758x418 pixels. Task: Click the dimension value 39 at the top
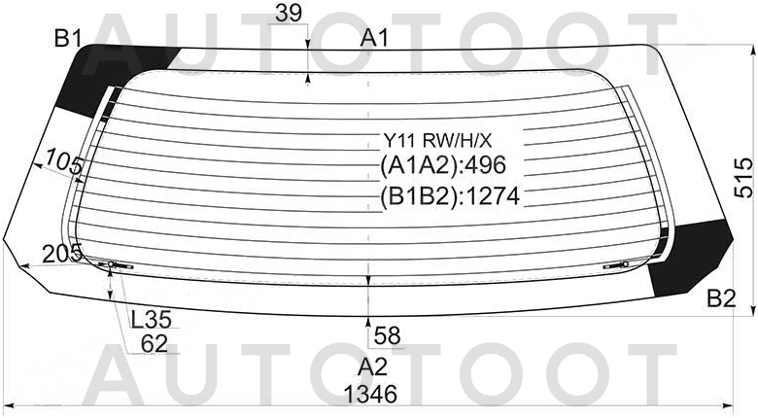tap(289, 14)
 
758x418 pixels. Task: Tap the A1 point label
tap(374, 38)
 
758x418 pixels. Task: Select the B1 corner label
tap(68, 38)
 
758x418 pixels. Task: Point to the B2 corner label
tap(721, 298)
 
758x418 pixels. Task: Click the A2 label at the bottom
tap(373, 367)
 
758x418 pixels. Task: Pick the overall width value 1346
tap(371, 395)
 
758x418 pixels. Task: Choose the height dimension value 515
tap(744, 178)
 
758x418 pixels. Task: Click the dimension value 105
tap(63, 162)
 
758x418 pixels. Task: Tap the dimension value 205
tap(61, 254)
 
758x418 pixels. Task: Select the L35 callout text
tap(152, 319)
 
